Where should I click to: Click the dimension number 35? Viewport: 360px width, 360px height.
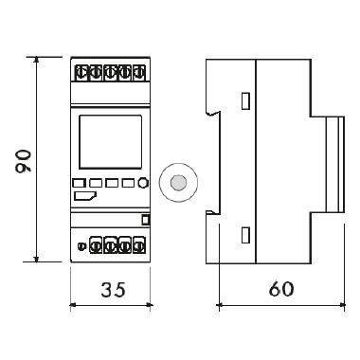click(111, 288)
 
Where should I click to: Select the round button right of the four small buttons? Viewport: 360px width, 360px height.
click(142, 185)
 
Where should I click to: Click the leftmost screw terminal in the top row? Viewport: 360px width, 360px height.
click(81, 71)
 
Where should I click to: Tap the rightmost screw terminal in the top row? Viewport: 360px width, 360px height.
click(139, 71)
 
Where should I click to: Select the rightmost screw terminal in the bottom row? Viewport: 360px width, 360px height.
click(137, 247)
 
